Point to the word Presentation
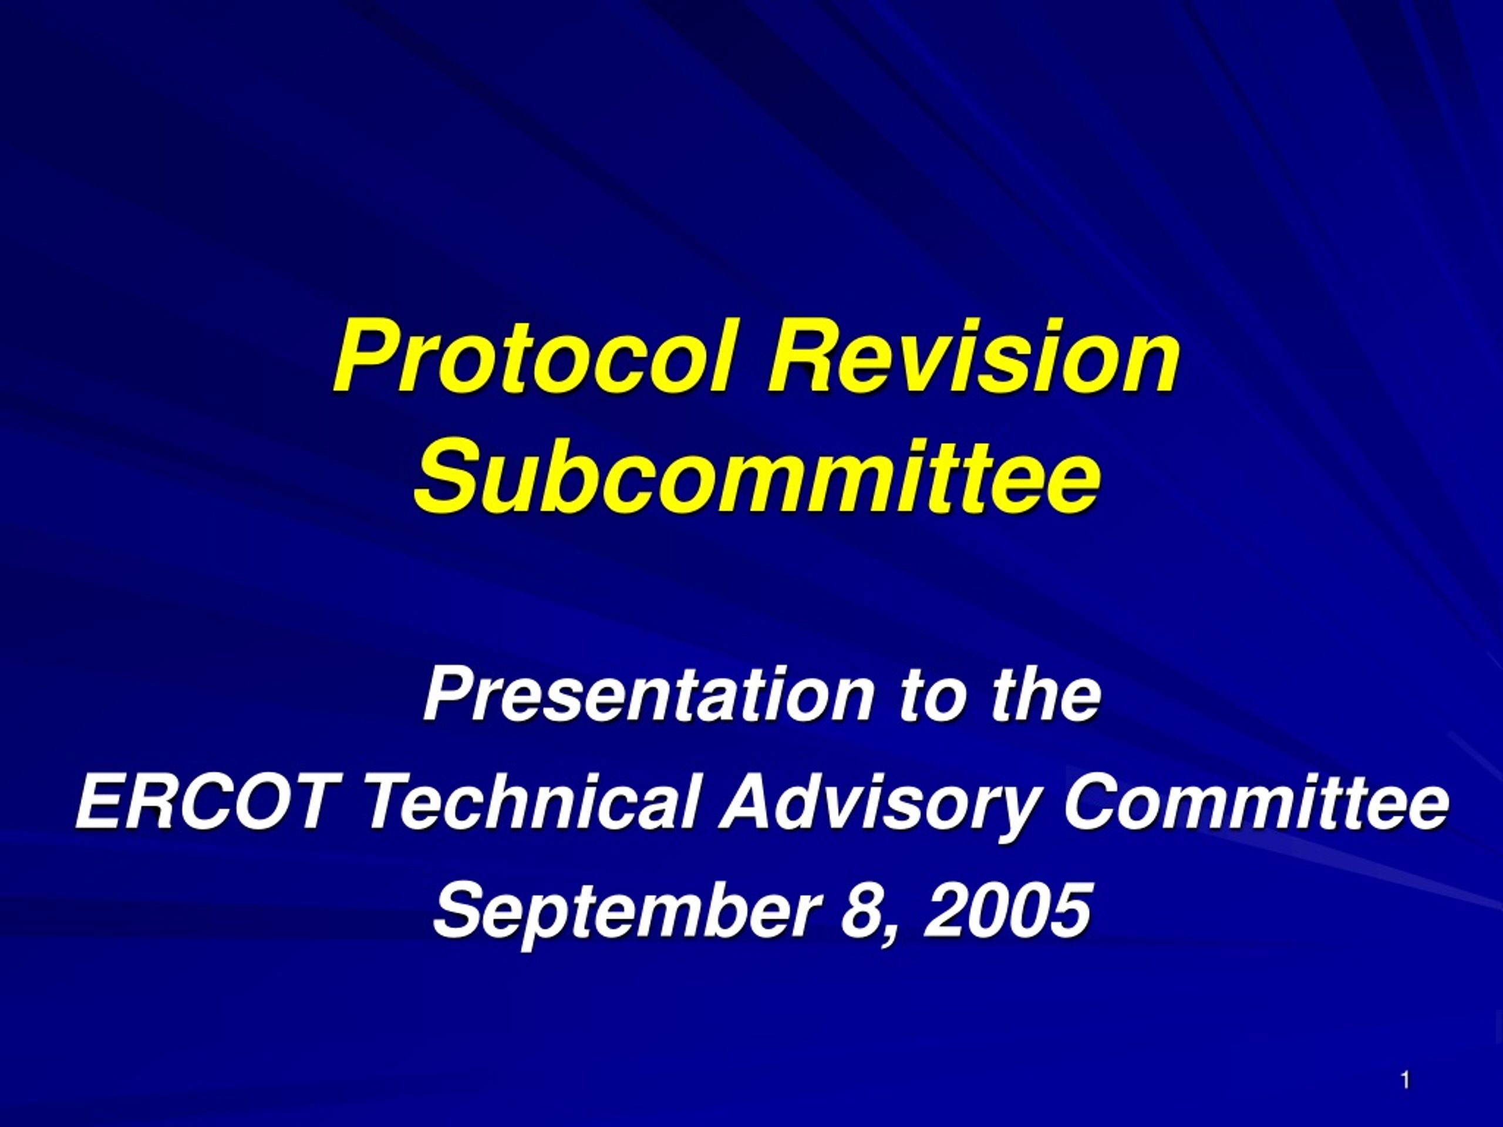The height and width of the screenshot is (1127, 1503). tap(648, 694)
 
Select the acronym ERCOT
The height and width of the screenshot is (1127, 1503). tap(203, 802)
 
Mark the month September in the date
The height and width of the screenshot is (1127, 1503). tap(625, 911)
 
